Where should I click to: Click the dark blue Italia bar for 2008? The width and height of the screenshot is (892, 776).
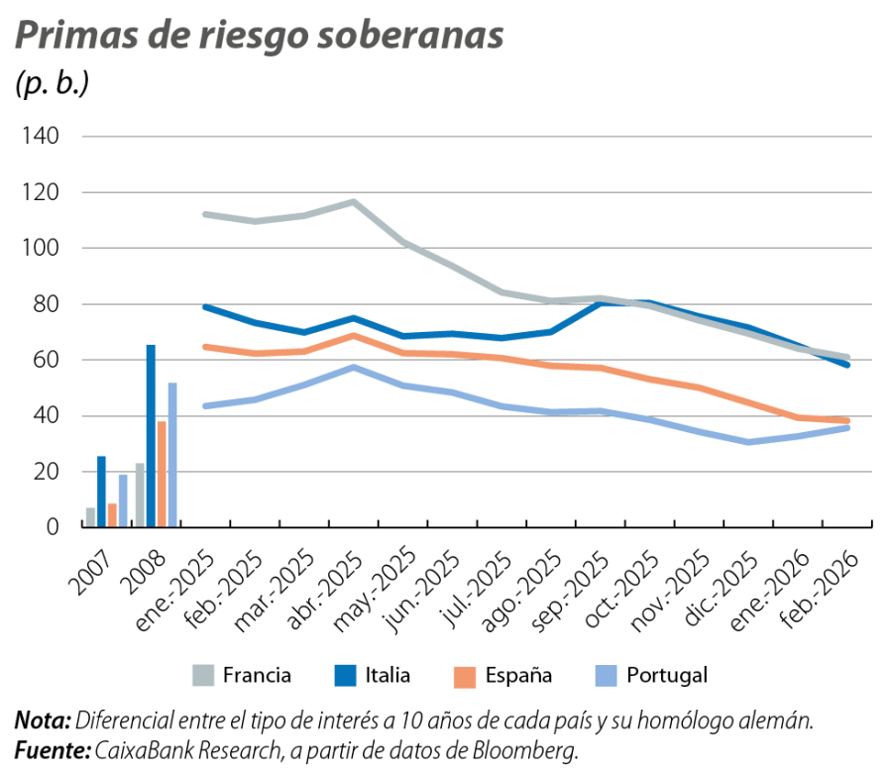point(151,436)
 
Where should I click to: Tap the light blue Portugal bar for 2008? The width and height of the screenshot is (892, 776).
point(172,454)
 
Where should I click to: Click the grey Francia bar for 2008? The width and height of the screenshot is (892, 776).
point(140,495)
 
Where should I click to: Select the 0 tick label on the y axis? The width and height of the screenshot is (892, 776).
point(55,528)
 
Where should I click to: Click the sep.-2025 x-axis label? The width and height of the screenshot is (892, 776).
point(575,586)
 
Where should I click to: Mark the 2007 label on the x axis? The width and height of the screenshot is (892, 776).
point(92,565)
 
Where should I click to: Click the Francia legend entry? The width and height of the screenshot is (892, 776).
point(256,676)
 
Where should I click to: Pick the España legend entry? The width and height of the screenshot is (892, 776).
point(517,676)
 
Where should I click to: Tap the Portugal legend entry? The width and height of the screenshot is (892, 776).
point(666,676)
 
